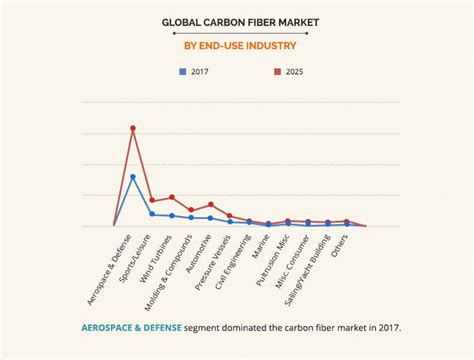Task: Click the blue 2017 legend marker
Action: click(x=182, y=71)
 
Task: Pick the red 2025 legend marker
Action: click(x=278, y=71)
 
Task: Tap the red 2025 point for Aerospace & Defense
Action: click(x=133, y=128)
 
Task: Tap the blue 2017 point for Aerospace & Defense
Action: click(x=133, y=177)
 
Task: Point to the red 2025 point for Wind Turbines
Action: click(x=172, y=197)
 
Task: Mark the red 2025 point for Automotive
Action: click(x=211, y=204)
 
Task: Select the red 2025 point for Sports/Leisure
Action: click(x=152, y=200)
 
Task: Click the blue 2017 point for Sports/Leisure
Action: click(x=152, y=214)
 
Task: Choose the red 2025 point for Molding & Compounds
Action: click(x=191, y=210)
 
